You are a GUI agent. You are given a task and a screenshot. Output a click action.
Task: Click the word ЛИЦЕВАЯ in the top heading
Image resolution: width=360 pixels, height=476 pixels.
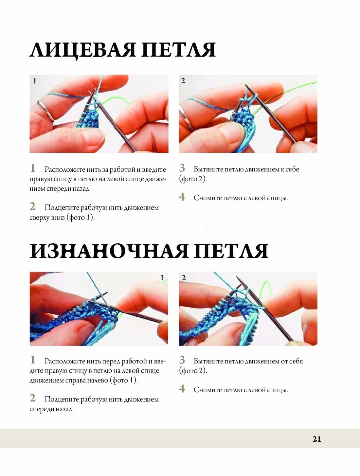pos(83,50)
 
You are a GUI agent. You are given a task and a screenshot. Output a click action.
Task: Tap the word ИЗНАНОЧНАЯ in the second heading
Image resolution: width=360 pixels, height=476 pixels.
pos(109,251)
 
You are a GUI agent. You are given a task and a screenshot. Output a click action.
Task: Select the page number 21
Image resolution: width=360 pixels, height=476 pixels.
pos(316,439)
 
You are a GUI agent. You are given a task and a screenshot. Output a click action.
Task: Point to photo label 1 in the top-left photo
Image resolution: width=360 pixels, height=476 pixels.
pos(34,81)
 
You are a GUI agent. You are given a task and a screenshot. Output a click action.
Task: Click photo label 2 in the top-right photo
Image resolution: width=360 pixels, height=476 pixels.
pos(183,81)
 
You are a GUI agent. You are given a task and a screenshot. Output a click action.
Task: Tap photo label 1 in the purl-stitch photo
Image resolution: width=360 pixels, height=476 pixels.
pos(162,278)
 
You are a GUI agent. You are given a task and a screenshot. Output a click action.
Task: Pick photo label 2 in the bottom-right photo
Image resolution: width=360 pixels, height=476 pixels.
pos(184,278)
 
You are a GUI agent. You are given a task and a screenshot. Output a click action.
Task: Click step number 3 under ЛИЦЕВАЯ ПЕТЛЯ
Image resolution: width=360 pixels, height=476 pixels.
pos(182,168)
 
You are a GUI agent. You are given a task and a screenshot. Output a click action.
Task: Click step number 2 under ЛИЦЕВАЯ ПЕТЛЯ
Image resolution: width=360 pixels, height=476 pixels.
pos(33,206)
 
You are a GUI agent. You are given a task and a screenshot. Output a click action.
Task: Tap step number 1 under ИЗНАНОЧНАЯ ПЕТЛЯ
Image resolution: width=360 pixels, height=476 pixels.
pos(32,360)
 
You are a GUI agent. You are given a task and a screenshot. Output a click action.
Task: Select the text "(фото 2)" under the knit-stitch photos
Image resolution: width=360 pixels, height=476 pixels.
pos(193,179)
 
